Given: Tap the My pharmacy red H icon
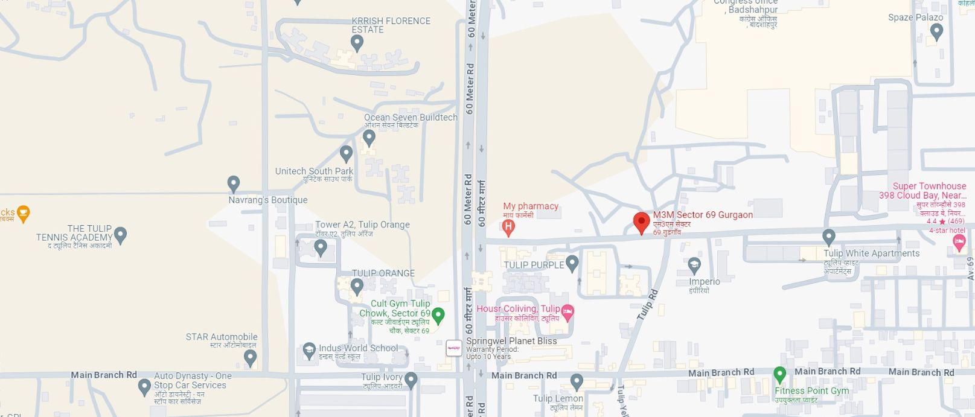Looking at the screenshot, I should pos(508,228).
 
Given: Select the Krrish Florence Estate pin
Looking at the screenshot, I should pos(357,42).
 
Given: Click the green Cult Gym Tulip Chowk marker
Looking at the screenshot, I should pos(438,314).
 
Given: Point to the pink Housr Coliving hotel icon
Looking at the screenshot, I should pos(567,312).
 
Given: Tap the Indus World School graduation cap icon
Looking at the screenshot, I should pos(309,349).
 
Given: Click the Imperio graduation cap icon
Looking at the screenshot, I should pos(694,264).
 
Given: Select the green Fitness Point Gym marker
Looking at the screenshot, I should pos(779,375).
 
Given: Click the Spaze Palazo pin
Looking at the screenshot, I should pos(936,31).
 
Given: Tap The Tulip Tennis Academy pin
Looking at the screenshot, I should pos(121,234).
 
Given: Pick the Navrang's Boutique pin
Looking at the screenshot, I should pos(234,183).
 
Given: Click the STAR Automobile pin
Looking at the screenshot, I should pos(250,357).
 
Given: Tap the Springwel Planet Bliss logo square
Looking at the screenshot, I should pos(454,348).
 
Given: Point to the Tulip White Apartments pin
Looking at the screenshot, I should pos(829,237).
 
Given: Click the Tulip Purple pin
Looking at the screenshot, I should pos(572,263).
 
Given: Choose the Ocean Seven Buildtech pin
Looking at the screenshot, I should pos(369,138).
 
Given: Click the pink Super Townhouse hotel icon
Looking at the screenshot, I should pos(959,243).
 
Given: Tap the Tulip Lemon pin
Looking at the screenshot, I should pos(577,381).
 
